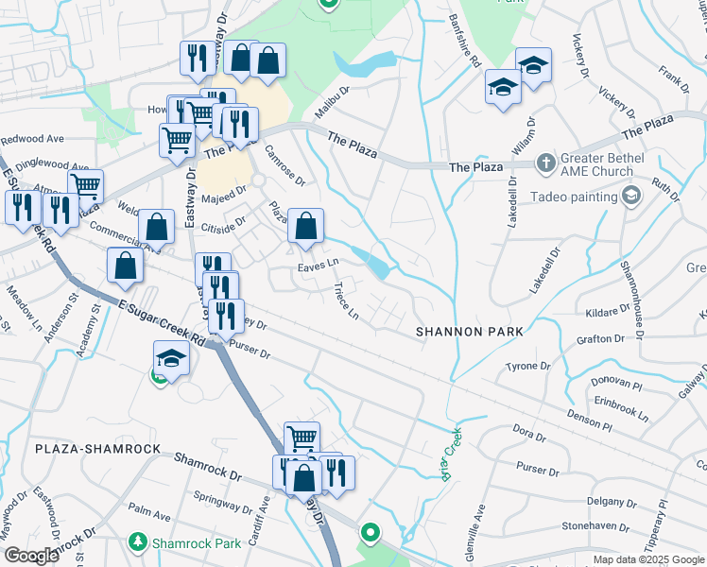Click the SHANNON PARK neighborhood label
[x=470, y=332]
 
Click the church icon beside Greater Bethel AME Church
[x=544, y=163]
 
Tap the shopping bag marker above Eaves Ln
[x=305, y=228]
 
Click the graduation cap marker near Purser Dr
[x=171, y=360]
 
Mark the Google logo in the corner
[x=31, y=556]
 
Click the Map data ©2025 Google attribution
[x=648, y=559]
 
